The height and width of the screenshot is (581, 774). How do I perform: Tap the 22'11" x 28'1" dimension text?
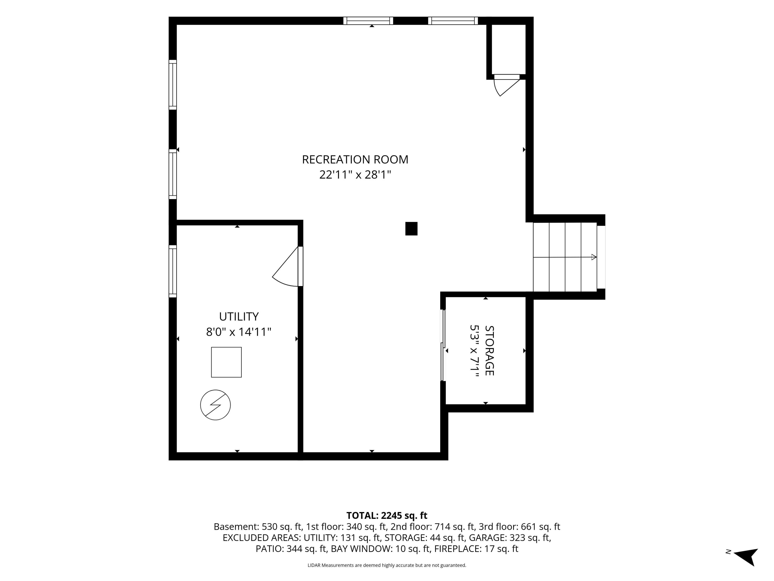pyautogui.click(x=355, y=175)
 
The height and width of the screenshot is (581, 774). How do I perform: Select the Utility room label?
pyautogui.click(x=239, y=317)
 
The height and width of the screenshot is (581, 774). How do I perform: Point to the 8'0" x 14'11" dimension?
pyautogui.click(x=239, y=332)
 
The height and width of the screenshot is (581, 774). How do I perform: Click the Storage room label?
pyautogui.click(x=489, y=351)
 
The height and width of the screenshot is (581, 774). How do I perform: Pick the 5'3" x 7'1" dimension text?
pyautogui.click(x=474, y=351)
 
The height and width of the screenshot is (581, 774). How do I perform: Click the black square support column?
pyautogui.click(x=412, y=229)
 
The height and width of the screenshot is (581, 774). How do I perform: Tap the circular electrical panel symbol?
pyautogui.click(x=215, y=405)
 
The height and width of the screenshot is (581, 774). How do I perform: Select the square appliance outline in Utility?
pyautogui.click(x=226, y=362)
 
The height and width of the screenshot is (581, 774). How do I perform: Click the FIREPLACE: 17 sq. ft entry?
pyautogui.click(x=476, y=549)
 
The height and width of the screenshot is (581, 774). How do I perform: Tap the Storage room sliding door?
pyautogui.click(x=443, y=345)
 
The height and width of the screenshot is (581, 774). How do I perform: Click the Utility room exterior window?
pyautogui.click(x=173, y=271)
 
